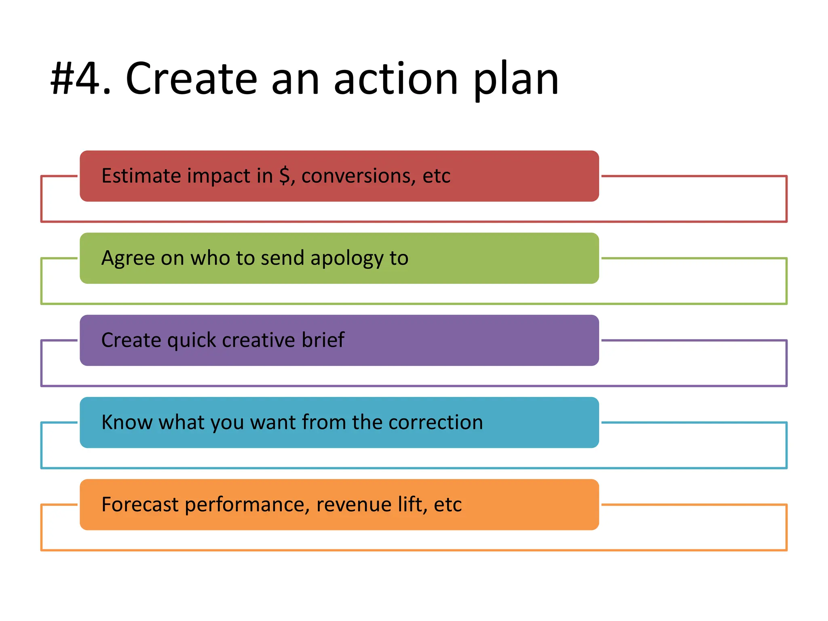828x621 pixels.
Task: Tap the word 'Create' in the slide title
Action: pyautogui.click(x=191, y=79)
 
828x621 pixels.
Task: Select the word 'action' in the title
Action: pyautogui.click(x=396, y=79)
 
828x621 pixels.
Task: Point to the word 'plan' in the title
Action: pyautogui.click(x=515, y=81)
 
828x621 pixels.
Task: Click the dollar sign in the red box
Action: pyautogui.click(x=285, y=176)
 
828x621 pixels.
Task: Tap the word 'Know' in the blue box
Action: pyautogui.click(x=127, y=422)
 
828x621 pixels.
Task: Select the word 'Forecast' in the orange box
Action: pyautogui.click(x=140, y=505)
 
